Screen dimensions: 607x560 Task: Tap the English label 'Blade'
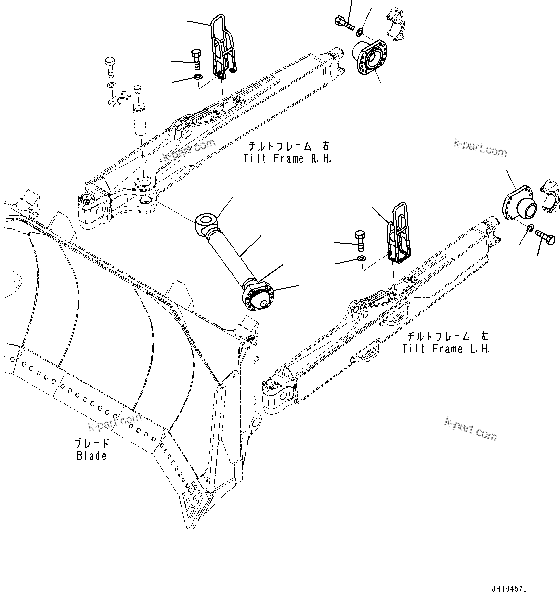(91, 455)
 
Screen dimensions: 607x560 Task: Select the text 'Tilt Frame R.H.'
(287, 158)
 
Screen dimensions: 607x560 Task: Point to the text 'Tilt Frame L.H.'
(446, 349)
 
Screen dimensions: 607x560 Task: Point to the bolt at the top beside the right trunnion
(344, 22)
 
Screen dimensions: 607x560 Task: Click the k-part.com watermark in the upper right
(480, 148)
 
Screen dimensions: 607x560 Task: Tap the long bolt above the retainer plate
(110, 67)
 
